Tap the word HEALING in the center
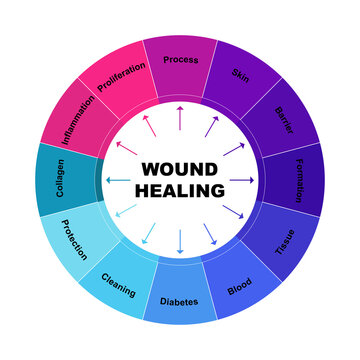[x=180, y=190]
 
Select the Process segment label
[x=180, y=59]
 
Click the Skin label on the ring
[x=241, y=75]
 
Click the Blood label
[x=240, y=284]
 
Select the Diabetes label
[x=180, y=301]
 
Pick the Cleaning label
[x=119, y=284]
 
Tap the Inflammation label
[x=80, y=118]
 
